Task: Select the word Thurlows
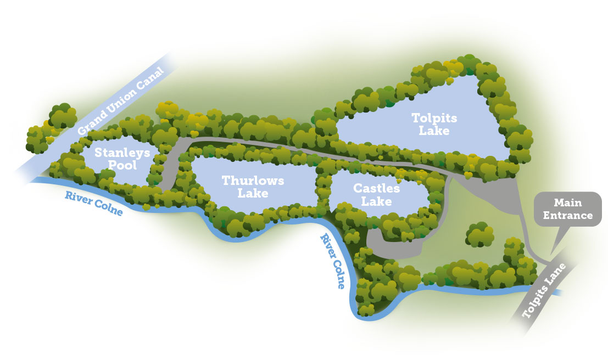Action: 253,181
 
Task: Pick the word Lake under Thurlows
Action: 253,193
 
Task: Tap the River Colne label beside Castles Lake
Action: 333,261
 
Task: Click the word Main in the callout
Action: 567,203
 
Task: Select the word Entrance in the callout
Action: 567,215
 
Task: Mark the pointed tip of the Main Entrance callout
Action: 551,256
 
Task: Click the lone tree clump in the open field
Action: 479,234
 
